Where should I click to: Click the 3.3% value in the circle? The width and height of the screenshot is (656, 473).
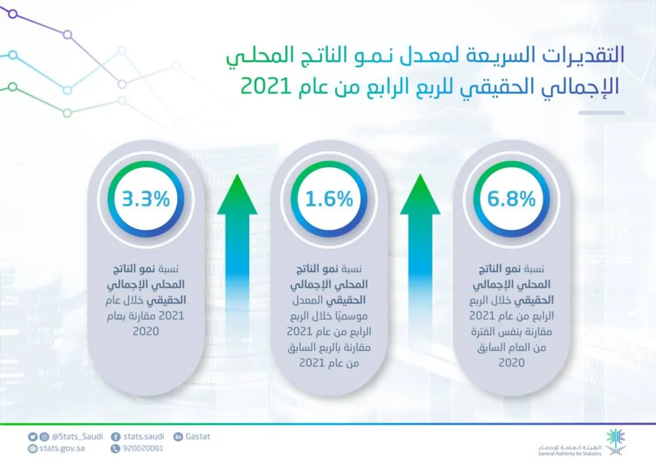coord(146,200)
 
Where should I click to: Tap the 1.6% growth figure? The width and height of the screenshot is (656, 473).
coord(329,200)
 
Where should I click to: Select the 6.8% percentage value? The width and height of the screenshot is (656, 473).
coord(512,200)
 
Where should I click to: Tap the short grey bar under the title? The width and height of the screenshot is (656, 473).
coord(601,113)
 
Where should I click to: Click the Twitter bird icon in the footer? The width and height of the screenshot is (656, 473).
coord(33,437)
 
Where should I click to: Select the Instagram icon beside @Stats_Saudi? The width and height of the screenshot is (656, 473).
coord(44,437)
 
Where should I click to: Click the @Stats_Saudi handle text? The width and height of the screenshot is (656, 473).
coord(77,437)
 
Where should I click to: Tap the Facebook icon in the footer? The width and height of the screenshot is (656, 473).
coord(115,437)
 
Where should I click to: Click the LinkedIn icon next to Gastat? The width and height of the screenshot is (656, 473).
coord(178,437)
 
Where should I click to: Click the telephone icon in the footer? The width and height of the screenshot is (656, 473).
coord(115,448)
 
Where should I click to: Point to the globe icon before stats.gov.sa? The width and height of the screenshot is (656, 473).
coord(33,448)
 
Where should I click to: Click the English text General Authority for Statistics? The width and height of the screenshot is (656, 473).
coord(569,453)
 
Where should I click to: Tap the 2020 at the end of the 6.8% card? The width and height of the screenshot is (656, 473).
coord(512,363)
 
